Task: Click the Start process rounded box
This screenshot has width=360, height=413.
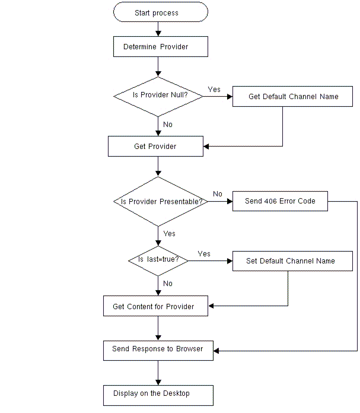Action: [160, 12]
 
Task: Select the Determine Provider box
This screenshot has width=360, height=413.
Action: [160, 47]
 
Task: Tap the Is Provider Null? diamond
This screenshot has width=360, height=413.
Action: [158, 96]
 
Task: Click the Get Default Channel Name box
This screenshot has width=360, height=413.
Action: [294, 96]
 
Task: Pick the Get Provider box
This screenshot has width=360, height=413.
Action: [155, 147]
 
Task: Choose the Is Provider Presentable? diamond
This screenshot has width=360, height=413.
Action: [158, 201]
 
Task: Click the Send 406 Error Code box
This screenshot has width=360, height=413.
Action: [280, 201]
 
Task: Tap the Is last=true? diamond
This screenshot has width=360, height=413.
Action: [158, 260]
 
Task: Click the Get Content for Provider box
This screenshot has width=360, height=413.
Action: [153, 307]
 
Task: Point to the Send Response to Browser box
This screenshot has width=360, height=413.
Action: [158, 350]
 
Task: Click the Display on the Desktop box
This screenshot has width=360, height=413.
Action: [158, 394]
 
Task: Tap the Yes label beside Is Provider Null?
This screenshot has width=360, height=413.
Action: [214, 90]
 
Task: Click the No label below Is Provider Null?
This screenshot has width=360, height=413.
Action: [168, 125]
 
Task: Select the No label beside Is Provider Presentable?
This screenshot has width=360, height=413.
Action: [218, 194]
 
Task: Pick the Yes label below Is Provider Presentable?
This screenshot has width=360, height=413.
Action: [169, 234]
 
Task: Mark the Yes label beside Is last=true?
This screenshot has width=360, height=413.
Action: [204, 254]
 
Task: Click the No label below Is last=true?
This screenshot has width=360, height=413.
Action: [168, 284]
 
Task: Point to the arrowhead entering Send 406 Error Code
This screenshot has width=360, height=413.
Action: [229, 201]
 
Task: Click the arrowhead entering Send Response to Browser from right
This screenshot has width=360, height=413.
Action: [216, 351]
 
